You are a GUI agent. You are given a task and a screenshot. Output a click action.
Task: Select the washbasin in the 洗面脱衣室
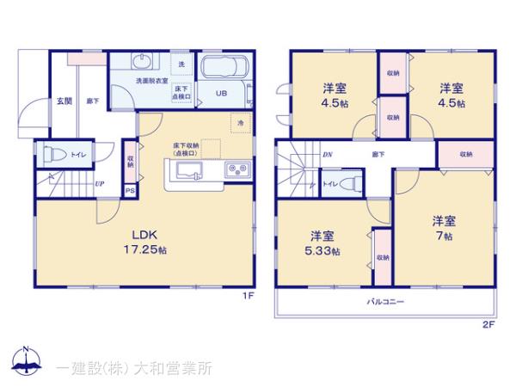142,62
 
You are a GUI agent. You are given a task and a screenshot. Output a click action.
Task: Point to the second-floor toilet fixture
345,183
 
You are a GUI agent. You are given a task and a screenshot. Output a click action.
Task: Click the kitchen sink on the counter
189,172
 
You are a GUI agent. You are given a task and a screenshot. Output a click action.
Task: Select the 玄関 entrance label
64,101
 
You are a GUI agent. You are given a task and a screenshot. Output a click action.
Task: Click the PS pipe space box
130,191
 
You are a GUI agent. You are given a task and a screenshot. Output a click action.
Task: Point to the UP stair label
101,183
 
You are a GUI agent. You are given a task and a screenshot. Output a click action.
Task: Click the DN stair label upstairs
328,155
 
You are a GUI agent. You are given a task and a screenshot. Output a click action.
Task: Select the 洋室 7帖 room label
443,227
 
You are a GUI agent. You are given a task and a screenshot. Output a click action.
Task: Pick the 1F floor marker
248,298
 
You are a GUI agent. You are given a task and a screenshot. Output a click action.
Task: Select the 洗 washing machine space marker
181,64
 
